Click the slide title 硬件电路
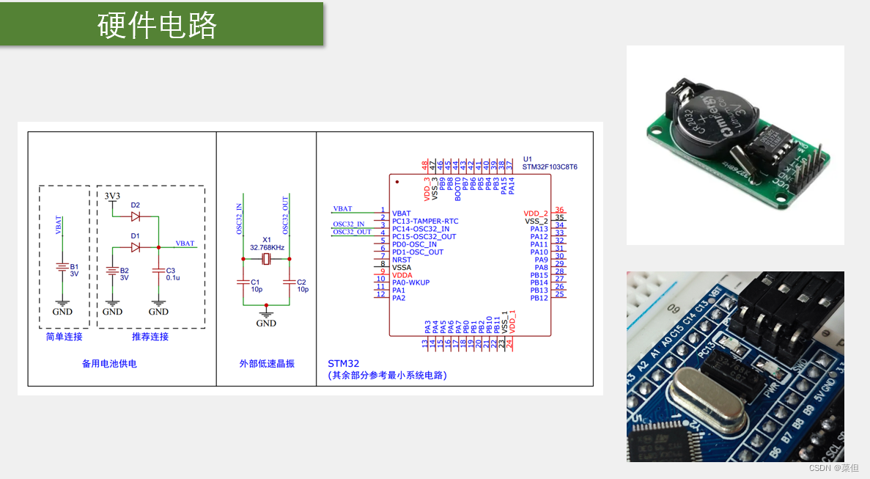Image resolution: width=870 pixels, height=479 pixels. (158, 26)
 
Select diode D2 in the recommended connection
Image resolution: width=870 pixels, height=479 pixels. (136, 216)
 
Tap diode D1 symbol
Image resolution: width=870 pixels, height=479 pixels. (136, 247)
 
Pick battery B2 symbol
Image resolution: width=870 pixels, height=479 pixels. (112, 272)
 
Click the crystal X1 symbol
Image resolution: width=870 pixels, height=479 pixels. (267, 259)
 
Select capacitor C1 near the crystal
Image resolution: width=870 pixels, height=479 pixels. (243, 282)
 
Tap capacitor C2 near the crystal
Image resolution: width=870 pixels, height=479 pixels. (290, 282)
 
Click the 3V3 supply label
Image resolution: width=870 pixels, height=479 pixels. (112, 197)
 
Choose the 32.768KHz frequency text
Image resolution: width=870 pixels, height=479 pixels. (266, 248)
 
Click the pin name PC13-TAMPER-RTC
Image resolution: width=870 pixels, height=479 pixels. (425, 221)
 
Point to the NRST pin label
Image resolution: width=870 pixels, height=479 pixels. (402, 260)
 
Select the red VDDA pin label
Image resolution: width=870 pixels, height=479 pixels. (402, 275)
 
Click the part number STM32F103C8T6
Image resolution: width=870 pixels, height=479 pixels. (550, 167)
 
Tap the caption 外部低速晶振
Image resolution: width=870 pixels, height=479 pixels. (267, 363)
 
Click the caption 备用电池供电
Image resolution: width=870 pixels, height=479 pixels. (109, 363)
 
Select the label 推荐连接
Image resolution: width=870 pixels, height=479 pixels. (150, 337)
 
